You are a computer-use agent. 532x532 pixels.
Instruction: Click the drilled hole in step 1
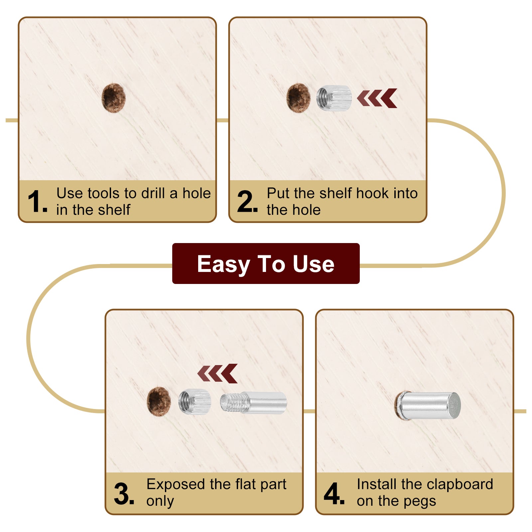[113, 98]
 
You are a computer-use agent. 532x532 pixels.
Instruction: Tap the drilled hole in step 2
[298, 98]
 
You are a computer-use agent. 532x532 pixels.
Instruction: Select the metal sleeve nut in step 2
[334, 98]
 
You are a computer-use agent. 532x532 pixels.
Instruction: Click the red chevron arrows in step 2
[377, 98]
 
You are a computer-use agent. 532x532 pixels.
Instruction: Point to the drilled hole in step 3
[159, 401]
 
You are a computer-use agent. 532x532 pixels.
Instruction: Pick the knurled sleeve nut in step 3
[195, 402]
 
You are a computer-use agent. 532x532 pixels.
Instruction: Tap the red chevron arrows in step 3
[217, 373]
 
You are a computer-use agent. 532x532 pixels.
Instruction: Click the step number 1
[37, 201]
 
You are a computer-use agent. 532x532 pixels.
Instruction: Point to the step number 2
[247, 201]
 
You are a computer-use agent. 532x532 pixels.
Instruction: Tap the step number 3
[124, 494]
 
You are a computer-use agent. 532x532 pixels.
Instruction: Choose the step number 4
[334, 493]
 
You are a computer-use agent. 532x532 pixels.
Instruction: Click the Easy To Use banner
[266, 263]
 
